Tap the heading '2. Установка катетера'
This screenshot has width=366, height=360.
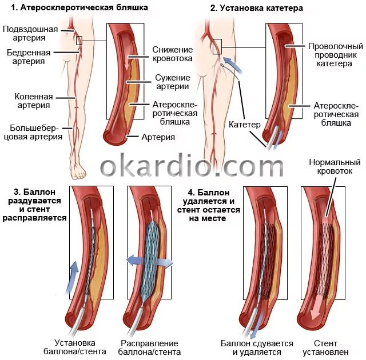(x=257, y=8)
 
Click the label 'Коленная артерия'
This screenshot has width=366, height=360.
(x=30, y=101)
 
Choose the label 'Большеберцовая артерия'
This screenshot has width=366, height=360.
(x=33, y=131)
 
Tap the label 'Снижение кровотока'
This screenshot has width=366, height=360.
(x=173, y=54)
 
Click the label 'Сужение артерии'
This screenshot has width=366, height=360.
(x=172, y=82)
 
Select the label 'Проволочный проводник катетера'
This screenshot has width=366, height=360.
(x=336, y=55)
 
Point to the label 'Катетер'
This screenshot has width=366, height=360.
(x=244, y=124)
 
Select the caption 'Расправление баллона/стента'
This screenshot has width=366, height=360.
(x=150, y=347)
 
